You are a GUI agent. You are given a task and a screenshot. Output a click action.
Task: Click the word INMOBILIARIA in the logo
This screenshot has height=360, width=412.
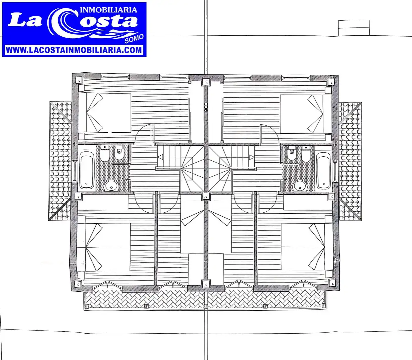[109, 10]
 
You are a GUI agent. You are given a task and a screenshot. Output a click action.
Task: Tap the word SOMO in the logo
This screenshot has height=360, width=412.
[134, 39]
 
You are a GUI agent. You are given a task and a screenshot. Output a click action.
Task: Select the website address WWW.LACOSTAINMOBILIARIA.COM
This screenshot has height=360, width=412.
[74, 50]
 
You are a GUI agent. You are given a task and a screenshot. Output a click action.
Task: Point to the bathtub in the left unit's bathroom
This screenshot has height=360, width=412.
[87, 170]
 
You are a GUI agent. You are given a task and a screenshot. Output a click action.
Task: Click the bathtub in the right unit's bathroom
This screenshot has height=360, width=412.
[324, 171]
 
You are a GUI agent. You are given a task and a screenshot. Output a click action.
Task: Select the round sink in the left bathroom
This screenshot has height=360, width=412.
[111, 186]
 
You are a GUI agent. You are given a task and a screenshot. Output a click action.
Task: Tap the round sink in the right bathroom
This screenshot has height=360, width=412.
[300, 187]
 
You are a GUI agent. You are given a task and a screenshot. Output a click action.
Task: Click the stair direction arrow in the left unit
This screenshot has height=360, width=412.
[160, 157]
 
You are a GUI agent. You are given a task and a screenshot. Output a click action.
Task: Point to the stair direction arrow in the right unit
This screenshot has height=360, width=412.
[252, 157]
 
